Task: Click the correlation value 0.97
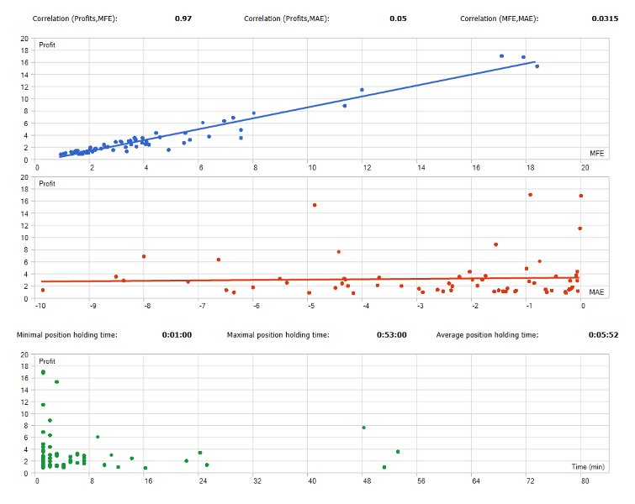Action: [x=183, y=18]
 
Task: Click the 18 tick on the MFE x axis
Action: [x=531, y=168]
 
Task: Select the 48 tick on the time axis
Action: [x=367, y=481]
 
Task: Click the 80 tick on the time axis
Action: [x=585, y=481]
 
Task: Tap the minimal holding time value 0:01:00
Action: [x=177, y=335]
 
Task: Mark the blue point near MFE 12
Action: [x=362, y=90]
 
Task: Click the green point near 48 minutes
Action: [x=363, y=428]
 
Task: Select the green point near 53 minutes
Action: [x=398, y=452]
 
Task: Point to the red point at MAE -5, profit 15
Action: [x=315, y=205]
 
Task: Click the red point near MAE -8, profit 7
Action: [x=144, y=256]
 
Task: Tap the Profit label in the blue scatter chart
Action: [x=47, y=45]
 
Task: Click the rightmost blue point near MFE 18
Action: [x=537, y=66]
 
